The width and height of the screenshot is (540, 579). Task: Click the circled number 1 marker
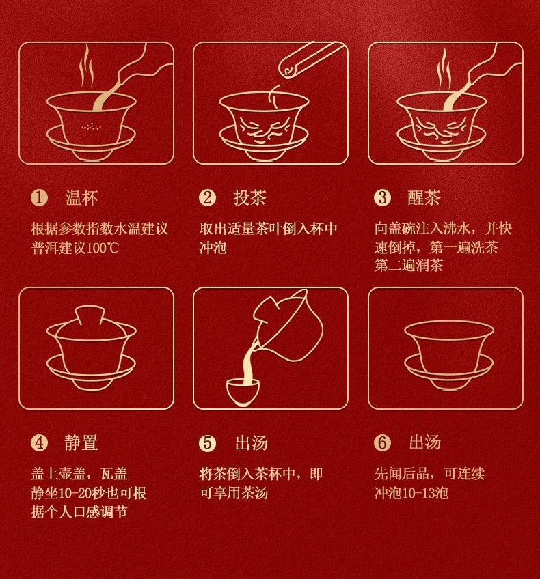(x=39, y=198)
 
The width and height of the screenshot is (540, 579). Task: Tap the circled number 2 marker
(x=207, y=198)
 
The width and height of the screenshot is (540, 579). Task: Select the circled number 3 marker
(x=383, y=198)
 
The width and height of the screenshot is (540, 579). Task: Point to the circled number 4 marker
(x=39, y=442)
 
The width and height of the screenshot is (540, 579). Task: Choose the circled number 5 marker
(x=207, y=442)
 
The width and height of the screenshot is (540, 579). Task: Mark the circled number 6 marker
(x=383, y=442)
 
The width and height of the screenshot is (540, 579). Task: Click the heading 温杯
(x=81, y=198)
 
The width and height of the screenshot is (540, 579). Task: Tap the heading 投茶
(x=249, y=198)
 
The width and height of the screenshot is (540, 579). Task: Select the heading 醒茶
(x=424, y=198)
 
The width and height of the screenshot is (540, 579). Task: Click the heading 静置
(x=81, y=442)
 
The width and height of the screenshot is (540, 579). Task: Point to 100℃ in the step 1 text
(x=103, y=248)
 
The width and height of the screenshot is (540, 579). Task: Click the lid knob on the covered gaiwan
(x=90, y=313)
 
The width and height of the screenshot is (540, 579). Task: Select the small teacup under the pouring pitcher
(x=243, y=392)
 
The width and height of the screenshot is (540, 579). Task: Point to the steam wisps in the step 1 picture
(x=87, y=66)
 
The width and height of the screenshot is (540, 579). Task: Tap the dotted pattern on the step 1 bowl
(x=91, y=127)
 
